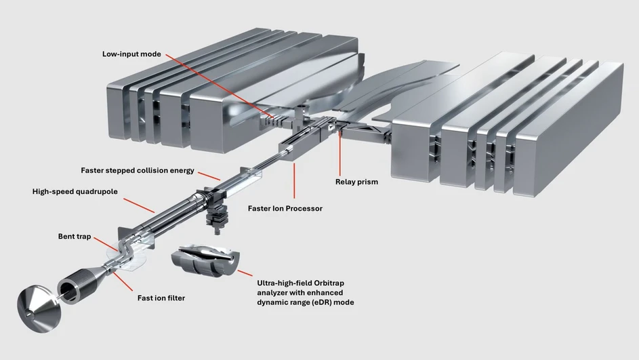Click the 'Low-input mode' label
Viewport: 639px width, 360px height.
(131, 54)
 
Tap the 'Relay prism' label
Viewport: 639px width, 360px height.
(356, 182)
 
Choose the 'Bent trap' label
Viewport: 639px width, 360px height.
(75, 237)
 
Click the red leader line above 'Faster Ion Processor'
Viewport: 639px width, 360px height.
(293, 182)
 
